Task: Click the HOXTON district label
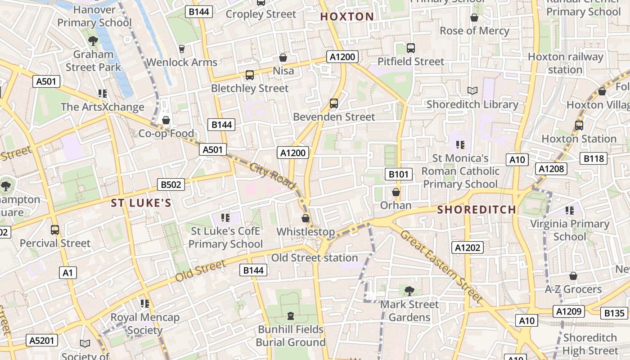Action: coord(347,17)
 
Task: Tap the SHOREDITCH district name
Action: coord(477,209)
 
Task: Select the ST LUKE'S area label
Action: coord(141,203)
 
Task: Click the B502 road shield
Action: coord(171,184)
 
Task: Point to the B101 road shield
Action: coord(399,174)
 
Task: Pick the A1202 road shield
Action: coord(468,247)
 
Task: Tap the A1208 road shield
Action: coord(551,169)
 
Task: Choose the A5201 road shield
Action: coord(42,341)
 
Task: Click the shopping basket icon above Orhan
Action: coord(396,193)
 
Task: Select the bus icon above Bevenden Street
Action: coord(334,103)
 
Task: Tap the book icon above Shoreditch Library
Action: coord(472,91)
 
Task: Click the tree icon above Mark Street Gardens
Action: coord(409,291)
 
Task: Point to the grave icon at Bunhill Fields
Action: coord(291,316)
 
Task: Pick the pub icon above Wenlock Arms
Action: coord(182,49)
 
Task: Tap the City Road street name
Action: coord(273,175)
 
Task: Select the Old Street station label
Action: coord(315,258)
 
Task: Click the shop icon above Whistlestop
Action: coord(306,219)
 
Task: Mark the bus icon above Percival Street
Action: coord(55,230)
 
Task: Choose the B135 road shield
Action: coord(614,313)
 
